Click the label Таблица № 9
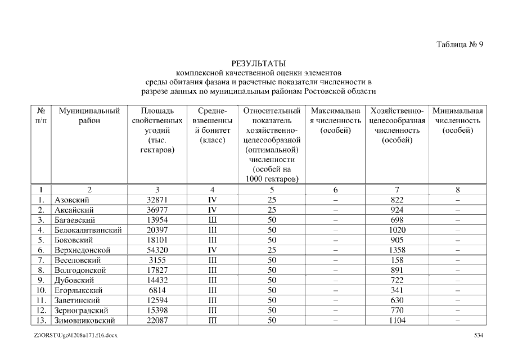tap(460, 45)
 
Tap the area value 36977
tap(157, 210)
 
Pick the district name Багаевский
tap(74, 220)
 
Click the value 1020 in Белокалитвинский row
tap(397, 230)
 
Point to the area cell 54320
tap(157, 250)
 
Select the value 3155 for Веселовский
tap(157, 260)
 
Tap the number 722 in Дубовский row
tap(397, 280)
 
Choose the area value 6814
tap(157, 290)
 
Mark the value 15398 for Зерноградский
tap(157, 310)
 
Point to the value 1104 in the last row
tap(397, 321)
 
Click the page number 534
tap(479, 335)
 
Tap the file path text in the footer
tap(75, 335)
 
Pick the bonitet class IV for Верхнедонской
tap(212, 250)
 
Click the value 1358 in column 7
tap(397, 250)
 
